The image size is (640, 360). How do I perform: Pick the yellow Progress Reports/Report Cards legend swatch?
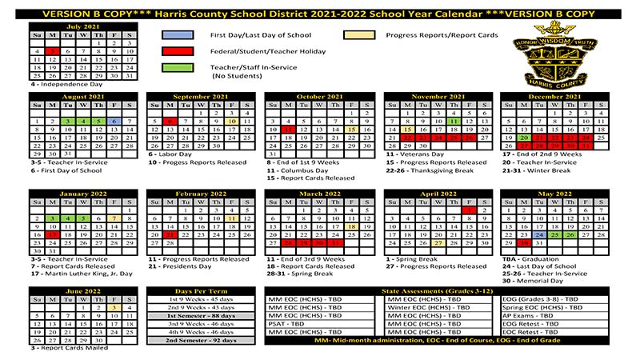359,35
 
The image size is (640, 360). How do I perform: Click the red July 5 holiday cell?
52,51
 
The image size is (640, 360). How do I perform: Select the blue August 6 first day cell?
114,121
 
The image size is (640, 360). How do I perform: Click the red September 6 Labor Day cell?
170,121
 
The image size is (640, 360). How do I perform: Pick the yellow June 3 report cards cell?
114,306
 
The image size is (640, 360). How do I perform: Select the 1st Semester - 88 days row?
202,315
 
